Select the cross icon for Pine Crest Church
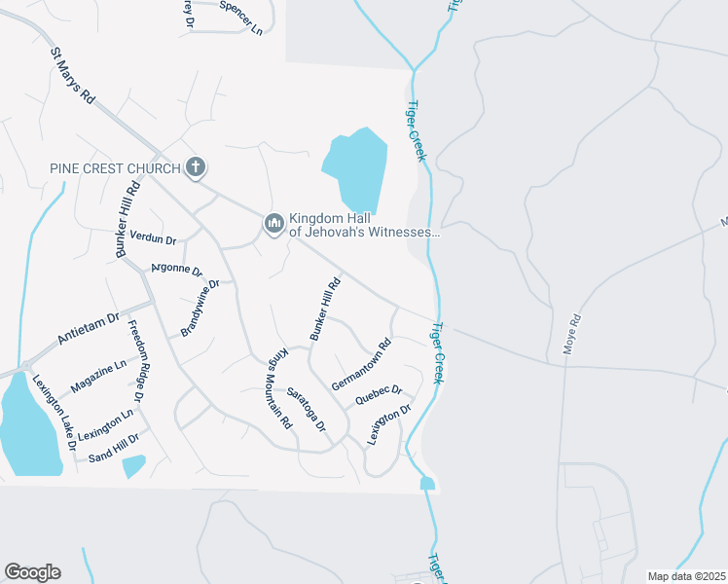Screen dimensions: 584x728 coord(196,167)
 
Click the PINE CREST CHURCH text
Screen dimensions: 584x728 coord(115,168)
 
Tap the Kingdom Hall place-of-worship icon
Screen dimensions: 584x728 coord(273,225)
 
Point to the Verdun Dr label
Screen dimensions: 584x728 coord(153,238)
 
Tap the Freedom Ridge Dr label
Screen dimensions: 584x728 coord(135,361)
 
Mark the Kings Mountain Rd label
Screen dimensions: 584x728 coord(280,388)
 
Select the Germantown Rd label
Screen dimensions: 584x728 coord(361,364)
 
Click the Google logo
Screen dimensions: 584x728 coord(32,572)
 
